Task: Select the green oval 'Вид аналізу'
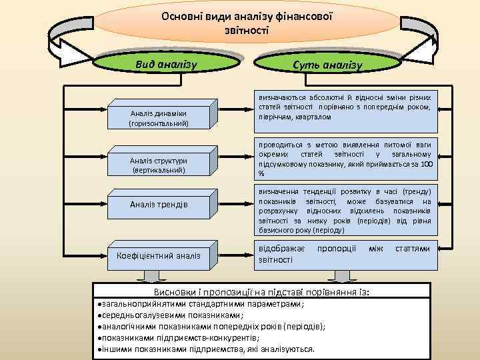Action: [x=165, y=64]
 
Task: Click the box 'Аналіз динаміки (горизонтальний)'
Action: [x=159, y=118]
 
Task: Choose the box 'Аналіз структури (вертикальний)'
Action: [x=159, y=165]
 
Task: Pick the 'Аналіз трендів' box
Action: [x=159, y=204]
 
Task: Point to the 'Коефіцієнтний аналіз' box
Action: [x=159, y=255]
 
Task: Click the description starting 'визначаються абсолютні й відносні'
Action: [x=344, y=107]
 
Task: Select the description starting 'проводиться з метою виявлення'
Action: [x=344, y=159]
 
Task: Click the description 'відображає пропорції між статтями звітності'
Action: [x=344, y=254]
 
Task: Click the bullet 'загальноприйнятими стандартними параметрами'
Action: [x=200, y=304]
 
